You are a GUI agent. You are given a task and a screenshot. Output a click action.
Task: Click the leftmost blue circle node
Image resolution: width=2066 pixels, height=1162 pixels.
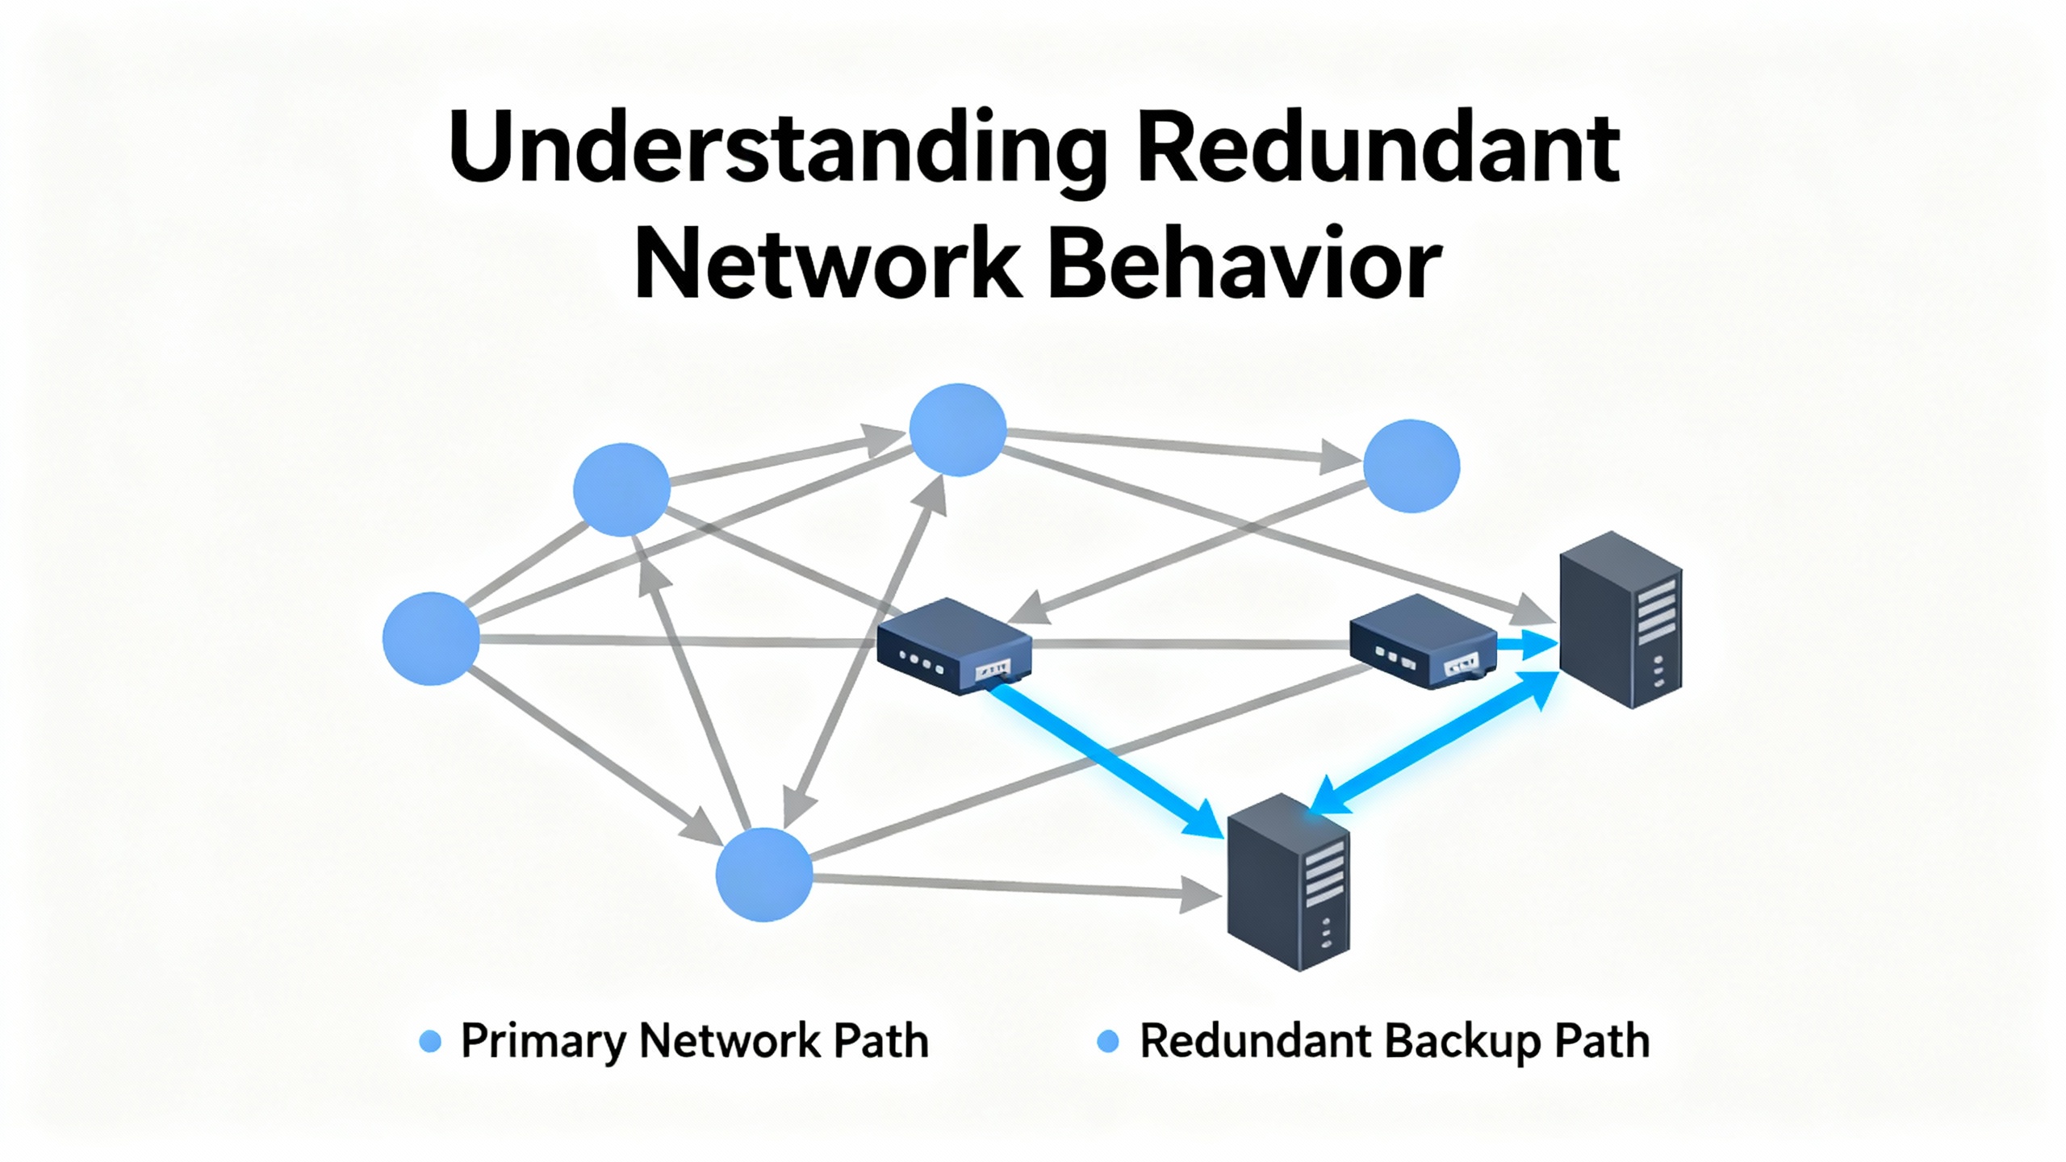click(431, 638)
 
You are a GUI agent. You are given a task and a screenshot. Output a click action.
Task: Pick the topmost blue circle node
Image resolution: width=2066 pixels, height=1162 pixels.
click(958, 429)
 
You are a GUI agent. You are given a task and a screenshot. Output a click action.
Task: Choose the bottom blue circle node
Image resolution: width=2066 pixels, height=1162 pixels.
click(764, 875)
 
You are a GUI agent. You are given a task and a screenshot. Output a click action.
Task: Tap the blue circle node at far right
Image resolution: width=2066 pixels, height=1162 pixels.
click(1411, 466)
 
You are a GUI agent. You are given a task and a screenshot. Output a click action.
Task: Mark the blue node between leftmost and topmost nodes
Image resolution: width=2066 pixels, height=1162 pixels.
click(621, 489)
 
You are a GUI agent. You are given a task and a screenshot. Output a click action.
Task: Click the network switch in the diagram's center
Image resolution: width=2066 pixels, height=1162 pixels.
click(954, 646)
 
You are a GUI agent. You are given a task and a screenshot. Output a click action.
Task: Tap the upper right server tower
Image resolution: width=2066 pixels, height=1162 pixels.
click(1621, 620)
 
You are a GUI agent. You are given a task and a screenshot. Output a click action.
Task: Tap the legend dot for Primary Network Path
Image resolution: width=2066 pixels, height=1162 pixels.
click(431, 1042)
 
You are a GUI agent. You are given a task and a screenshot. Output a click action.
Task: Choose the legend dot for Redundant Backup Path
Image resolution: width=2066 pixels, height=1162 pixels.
click(1109, 1042)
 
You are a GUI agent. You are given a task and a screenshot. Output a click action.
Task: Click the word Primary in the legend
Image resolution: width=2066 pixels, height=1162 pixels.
click(543, 1042)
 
